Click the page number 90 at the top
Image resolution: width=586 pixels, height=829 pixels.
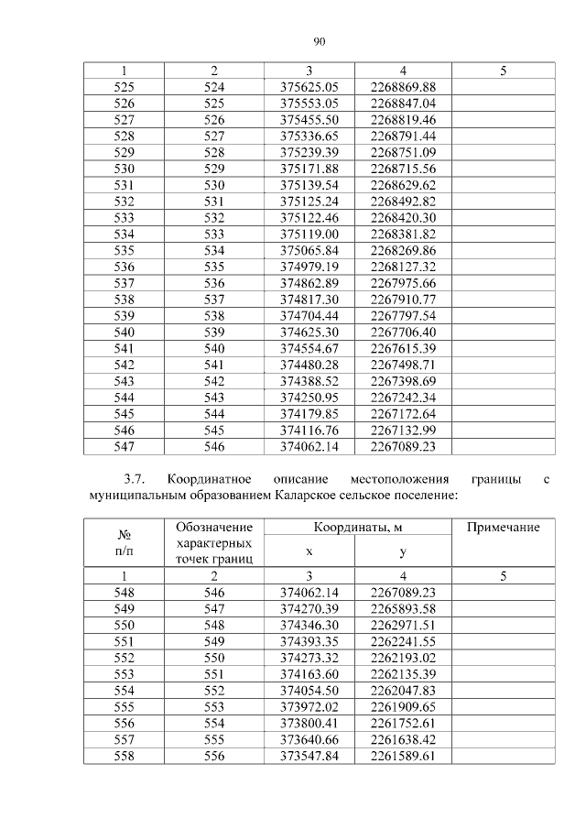[320, 41]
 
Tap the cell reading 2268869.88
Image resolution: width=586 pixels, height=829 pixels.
[403, 86]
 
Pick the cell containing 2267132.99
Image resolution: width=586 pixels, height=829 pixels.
[403, 431]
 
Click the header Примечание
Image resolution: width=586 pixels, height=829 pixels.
[503, 528]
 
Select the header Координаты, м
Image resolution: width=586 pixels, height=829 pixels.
[357, 528]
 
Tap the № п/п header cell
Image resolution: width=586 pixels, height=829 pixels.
[123, 543]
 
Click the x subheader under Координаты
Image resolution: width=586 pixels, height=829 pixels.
[309, 552]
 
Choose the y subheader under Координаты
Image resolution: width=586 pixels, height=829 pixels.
[403, 552]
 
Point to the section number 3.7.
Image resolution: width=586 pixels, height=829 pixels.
[135, 479]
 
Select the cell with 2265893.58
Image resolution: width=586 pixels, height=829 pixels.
[403, 609]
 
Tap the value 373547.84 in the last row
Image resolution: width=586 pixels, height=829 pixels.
[309, 756]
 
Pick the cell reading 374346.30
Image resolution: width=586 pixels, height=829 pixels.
[309, 626]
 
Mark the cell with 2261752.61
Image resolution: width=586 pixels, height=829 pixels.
[403, 723]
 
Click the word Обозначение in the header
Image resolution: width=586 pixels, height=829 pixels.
[212, 528]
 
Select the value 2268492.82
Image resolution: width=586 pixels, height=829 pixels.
[403, 202]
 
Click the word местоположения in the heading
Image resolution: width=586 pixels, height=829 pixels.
[399, 479]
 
